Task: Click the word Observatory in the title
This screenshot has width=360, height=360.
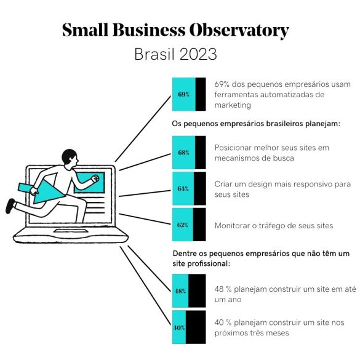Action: tap(239, 30)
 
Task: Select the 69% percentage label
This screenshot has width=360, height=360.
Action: tap(183, 94)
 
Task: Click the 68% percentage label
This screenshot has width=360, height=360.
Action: tap(183, 153)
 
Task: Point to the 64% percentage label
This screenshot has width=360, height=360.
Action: tap(183, 188)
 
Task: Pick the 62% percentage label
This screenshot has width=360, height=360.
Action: tap(183, 225)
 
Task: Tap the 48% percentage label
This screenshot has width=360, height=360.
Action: tap(180, 291)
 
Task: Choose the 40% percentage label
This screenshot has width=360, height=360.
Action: tap(179, 327)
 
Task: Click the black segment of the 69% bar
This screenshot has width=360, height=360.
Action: tap(201, 94)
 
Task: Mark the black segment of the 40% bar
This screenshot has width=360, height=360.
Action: tap(196, 327)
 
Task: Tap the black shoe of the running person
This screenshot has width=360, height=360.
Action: tap(10, 206)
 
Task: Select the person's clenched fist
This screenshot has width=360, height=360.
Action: tap(95, 178)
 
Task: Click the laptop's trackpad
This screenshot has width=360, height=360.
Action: tap(71, 231)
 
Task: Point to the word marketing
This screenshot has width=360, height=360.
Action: tap(233, 105)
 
